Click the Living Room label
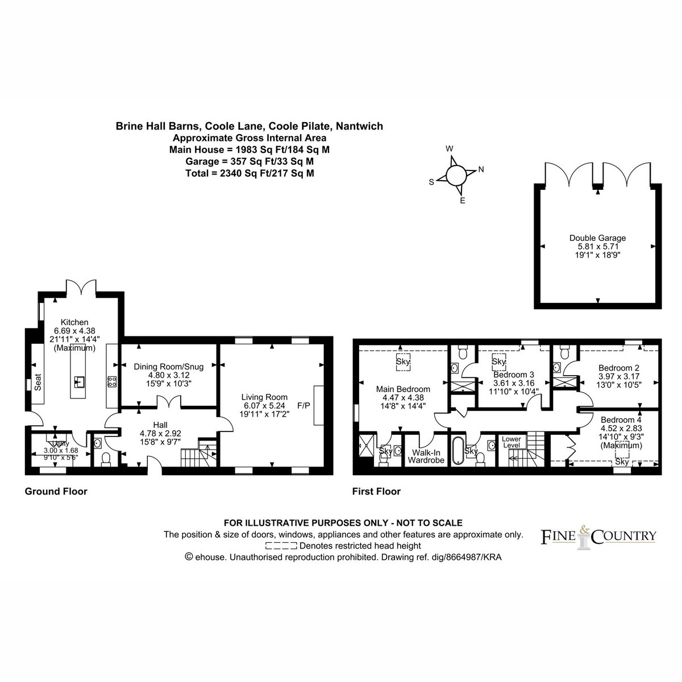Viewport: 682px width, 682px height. pyautogui.click(x=264, y=397)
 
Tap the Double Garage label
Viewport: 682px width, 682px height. pyautogui.click(x=597, y=238)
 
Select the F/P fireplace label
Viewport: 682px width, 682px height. pyautogui.click(x=303, y=406)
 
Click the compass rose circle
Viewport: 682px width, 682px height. pyautogui.click(x=456, y=175)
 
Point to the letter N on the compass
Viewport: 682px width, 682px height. pyautogui.click(x=481, y=169)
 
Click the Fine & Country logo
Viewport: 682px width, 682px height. pyautogui.click(x=598, y=537)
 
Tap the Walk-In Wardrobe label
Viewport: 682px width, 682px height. pyautogui.click(x=426, y=456)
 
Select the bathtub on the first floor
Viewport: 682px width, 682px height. pyautogui.click(x=457, y=450)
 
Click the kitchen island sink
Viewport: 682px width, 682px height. pyautogui.click(x=79, y=381)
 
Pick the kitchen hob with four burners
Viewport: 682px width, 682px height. pyautogui.click(x=112, y=381)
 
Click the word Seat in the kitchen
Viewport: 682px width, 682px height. pyautogui.click(x=38, y=382)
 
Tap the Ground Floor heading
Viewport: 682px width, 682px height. pyautogui.click(x=56, y=491)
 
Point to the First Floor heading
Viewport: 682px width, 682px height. pyautogui.click(x=377, y=491)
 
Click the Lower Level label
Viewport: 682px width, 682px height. pyautogui.click(x=511, y=442)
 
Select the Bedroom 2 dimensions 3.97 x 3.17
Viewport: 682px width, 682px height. pyautogui.click(x=619, y=376)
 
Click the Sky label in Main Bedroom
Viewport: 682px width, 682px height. pyautogui.click(x=403, y=361)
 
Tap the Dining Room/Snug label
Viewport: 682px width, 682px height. pyautogui.click(x=168, y=367)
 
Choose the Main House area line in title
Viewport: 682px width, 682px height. pyautogui.click(x=249, y=149)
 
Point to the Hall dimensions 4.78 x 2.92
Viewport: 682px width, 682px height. pyautogui.click(x=160, y=433)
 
